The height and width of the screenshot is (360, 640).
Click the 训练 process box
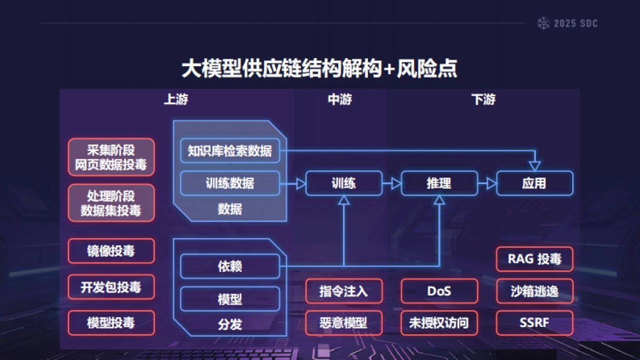pos(343,183)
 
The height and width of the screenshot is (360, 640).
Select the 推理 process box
pos(439,183)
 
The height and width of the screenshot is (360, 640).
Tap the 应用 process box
pos(534,183)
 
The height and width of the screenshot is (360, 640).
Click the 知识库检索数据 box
pos(230,151)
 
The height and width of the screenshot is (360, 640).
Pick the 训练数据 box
pos(230,183)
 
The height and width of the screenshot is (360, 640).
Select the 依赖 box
pos(230,266)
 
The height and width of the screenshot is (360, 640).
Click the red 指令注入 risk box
pos(343,291)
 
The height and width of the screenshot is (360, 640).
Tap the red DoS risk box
pos(439,291)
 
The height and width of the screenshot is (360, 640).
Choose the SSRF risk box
pos(534,323)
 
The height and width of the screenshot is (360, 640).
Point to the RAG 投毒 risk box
pos(534,260)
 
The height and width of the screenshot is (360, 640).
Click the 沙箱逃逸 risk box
pos(534,291)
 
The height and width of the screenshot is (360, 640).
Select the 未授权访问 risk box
pos(439,323)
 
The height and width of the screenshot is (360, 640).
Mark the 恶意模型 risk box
pos(343,323)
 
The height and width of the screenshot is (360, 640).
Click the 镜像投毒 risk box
pos(111,251)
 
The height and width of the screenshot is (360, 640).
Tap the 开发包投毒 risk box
pos(111,287)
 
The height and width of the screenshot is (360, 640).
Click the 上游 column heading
pos(175,100)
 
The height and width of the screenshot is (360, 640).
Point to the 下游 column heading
pos(483,100)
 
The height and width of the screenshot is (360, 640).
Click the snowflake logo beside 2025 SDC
pos(543,23)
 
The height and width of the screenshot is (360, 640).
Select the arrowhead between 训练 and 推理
pos(396,183)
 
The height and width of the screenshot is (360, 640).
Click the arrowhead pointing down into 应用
pos(534,166)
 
